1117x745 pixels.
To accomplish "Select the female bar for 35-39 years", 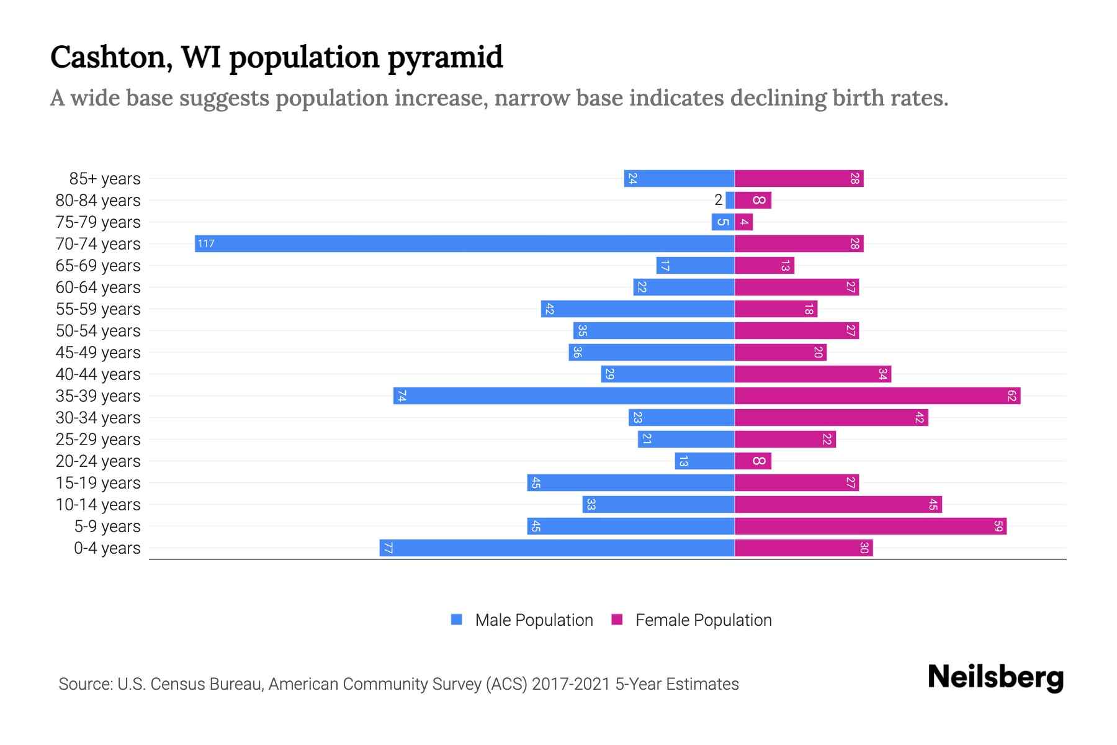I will (877, 395).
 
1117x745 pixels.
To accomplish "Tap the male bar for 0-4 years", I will (557, 548).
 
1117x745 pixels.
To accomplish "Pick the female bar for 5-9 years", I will (871, 526).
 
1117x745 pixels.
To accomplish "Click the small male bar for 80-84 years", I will (730, 200).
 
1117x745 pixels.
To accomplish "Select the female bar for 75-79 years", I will (744, 222).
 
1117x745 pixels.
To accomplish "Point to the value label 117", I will (206, 243).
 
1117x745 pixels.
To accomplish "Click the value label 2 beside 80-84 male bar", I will (718, 200).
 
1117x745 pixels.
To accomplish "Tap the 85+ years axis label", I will (104, 179).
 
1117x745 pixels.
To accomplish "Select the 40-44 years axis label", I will (98, 374).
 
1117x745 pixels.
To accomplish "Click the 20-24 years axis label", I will (98, 461).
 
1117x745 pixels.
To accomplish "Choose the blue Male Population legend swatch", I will (457, 620).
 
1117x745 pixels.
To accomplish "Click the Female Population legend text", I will (703, 620).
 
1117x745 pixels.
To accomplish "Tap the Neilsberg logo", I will (995, 677).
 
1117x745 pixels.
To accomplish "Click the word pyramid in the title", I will (445, 58).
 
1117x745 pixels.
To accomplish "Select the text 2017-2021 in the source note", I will (571, 684).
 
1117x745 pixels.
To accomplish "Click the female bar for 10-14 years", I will (838, 504).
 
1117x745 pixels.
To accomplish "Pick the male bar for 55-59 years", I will (638, 309).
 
